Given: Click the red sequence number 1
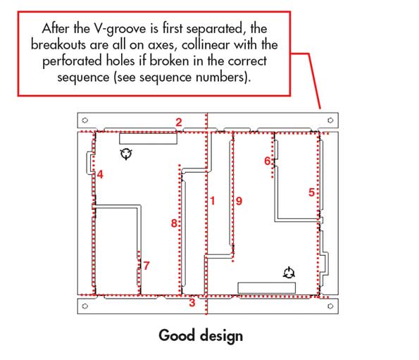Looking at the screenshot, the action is coord(213,201).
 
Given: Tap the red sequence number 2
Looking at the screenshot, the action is coord(179,123).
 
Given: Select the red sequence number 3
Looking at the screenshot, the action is coord(192,302).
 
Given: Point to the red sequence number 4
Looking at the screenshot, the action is coord(100,175).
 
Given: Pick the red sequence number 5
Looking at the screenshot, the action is coord(311,192).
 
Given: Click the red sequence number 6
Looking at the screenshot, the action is coord(267,161).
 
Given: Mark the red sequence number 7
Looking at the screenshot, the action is coord(146,266).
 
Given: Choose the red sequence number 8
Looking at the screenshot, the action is coord(174,223).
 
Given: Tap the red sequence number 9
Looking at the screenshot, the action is coord(239,201).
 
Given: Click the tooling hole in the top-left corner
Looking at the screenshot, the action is coord(85,120).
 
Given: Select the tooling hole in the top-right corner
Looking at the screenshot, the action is coord(330,120).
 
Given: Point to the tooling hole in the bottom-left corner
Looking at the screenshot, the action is coord(85,306).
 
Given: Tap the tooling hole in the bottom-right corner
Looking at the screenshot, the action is coord(330,306).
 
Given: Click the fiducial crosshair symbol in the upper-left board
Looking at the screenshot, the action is coord(126,154).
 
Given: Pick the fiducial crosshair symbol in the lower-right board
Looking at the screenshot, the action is coord(289,273).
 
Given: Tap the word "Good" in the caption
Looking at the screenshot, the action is coord(176,335).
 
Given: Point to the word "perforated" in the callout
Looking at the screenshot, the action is coord(73,61).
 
